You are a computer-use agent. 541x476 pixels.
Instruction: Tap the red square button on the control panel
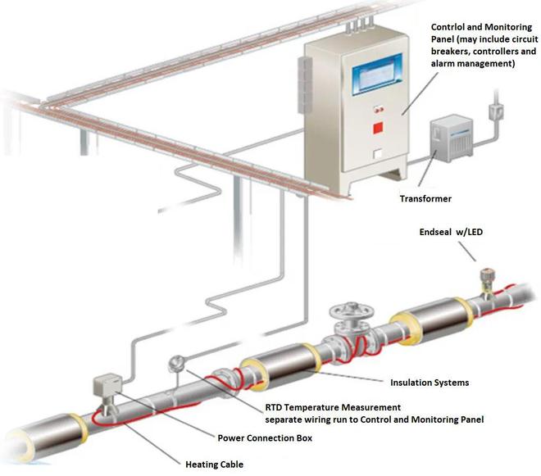coord(379,127)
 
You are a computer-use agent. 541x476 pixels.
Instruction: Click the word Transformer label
coord(425,199)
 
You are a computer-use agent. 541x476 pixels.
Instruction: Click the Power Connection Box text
coord(265,438)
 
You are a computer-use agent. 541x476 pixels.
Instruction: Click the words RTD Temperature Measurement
coord(333,407)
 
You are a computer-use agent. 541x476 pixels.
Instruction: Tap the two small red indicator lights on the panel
coord(378,107)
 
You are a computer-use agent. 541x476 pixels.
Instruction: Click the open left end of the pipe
coord(15,443)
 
